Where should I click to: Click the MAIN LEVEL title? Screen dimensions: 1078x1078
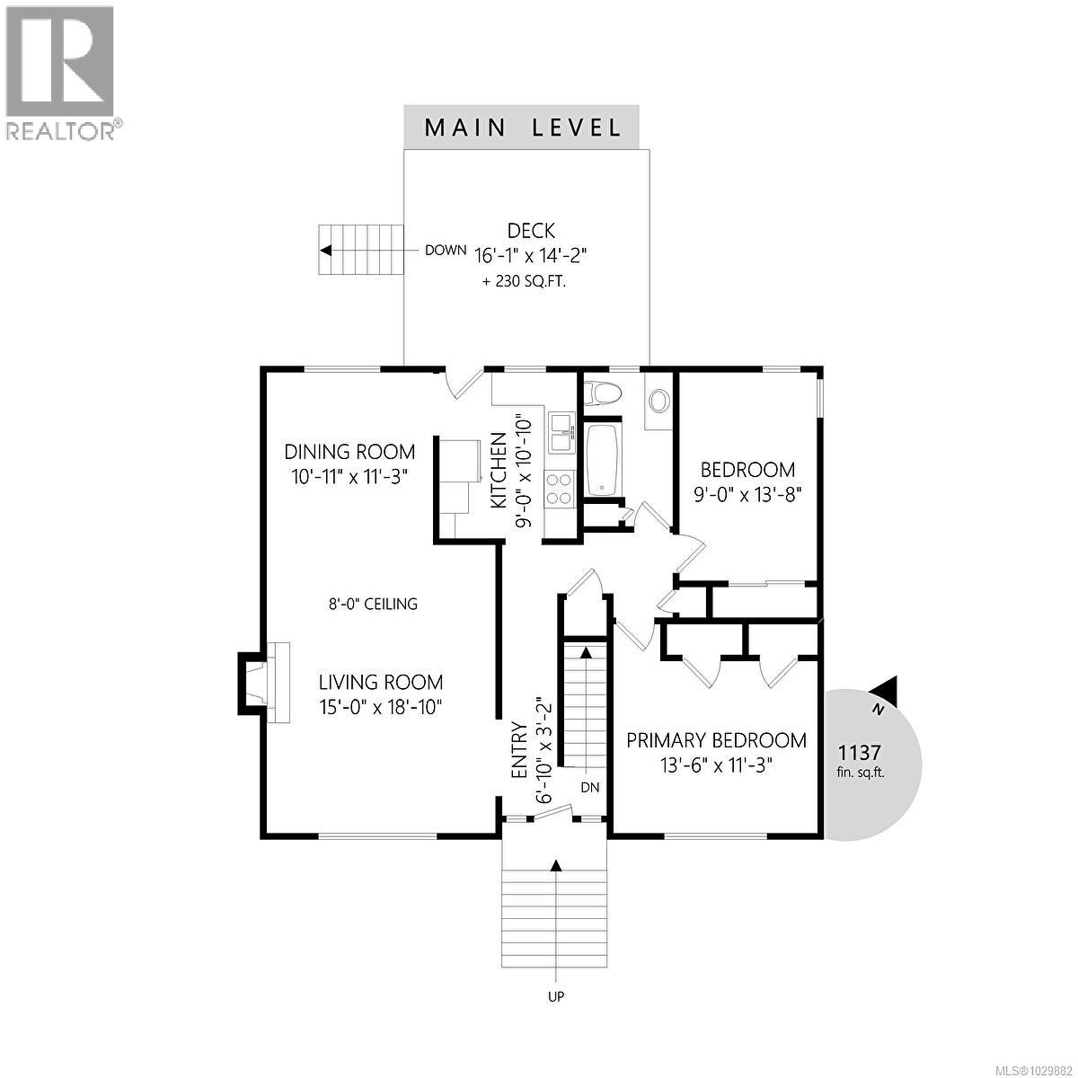coord(522,127)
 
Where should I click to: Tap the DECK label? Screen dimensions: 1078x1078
coord(530,231)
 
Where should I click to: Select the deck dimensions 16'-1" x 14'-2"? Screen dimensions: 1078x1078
coord(530,255)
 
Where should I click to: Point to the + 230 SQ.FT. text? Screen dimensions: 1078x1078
coord(530,281)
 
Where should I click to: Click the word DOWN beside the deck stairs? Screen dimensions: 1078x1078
coord(446,251)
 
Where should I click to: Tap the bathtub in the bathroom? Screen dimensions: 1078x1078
coord(602,460)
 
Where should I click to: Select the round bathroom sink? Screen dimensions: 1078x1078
coord(658,401)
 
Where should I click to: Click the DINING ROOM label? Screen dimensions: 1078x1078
coord(349,452)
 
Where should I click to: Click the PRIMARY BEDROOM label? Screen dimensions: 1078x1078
coord(716,740)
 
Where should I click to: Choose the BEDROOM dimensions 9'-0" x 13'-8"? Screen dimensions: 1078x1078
coord(747,493)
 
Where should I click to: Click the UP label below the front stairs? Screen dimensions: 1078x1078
coord(556,996)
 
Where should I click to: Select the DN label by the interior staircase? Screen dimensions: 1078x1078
coord(589,788)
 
